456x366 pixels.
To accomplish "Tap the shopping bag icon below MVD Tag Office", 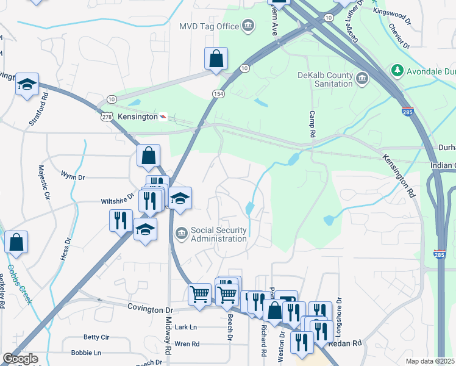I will click(x=216, y=59).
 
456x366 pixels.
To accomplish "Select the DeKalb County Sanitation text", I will click(x=325, y=80).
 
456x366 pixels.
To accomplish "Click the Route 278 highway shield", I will click(x=107, y=117).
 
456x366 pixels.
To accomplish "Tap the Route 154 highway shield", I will click(x=218, y=93).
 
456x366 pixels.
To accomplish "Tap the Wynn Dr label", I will click(x=73, y=176).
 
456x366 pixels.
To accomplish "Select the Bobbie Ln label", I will click(x=86, y=353).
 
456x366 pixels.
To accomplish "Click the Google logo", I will click(x=20, y=359).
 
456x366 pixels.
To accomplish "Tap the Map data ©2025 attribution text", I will click(x=429, y=361).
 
